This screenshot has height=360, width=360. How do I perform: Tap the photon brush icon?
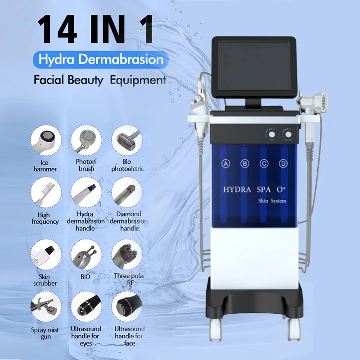coord(85,139)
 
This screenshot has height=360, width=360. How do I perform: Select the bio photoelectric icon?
coord(126,139)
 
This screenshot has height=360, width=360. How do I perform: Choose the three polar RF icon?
coord(126,254)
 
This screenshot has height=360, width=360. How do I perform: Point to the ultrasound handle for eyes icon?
coord(85,307)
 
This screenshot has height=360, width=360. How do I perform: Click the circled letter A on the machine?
coord(226,164)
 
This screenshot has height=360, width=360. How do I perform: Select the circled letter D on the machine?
coord(283,164)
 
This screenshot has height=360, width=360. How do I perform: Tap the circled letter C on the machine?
coord(264,164)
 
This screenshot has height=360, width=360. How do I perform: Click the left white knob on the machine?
coord(270,134)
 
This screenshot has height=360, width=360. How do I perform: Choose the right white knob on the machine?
coord(287,134)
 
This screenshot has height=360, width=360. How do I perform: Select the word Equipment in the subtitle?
coord(139,81)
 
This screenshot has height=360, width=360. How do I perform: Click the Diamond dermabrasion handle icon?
coord(126,193)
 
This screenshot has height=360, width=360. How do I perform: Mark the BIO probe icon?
coord(85,254)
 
